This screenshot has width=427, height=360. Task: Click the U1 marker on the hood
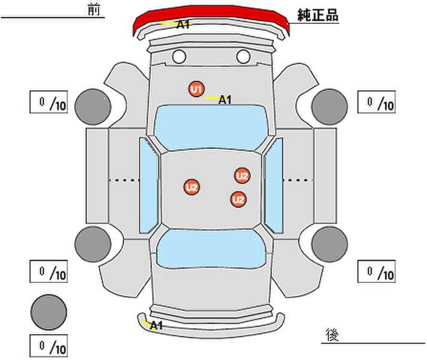coord(196,89)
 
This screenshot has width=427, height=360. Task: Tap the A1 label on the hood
coord(225,100)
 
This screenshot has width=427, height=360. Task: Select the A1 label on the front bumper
coord(183,25)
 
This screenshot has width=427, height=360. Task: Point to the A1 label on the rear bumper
coord(156,325)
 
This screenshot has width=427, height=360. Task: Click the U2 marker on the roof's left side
coord(192,187)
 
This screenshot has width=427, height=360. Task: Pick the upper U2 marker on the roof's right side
coord(242,176)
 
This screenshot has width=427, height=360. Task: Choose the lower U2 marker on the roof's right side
coord(238,199)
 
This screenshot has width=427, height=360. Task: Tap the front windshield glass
coord(211,127)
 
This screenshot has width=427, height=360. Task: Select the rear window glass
coord(211,248)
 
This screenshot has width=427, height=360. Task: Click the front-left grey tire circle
coord(93,107)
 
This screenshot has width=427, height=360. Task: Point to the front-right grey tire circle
coord(330,107)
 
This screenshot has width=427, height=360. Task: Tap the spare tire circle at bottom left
coord(49,312)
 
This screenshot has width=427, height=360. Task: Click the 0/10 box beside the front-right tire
coord(377,102)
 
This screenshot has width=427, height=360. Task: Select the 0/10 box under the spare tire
coord(49,346)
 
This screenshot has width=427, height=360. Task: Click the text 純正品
coord(318,15)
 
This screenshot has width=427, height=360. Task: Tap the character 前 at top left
coord(94,10)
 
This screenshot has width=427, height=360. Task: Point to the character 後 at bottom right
coord(332,335)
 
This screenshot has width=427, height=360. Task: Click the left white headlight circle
coord(179,56)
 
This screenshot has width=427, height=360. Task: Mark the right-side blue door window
coord(274,185)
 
